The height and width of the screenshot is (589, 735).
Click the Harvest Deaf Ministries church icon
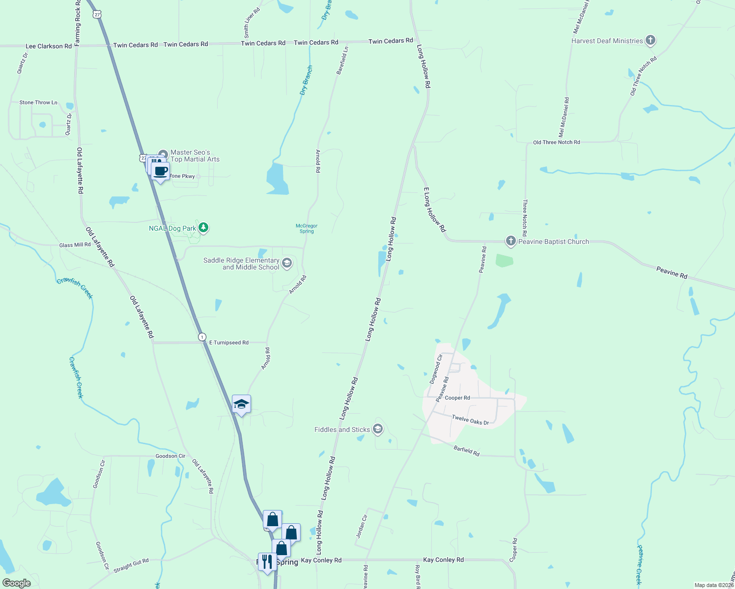(650, 41)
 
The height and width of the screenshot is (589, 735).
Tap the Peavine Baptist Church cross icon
(511, 241)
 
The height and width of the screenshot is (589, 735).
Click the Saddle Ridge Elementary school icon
(287, 264)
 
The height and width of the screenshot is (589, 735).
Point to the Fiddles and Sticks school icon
(378, 429)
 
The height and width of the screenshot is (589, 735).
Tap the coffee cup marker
(161, 171)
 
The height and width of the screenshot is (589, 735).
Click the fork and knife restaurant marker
(267, 562)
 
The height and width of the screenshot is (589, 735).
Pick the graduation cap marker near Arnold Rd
(241, 404)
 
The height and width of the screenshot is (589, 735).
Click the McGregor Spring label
(307, 228)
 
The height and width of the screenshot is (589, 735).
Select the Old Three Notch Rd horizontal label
(556, 142)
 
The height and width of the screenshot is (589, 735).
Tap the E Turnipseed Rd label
(229, 343)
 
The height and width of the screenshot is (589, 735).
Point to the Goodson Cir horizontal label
(170, 456)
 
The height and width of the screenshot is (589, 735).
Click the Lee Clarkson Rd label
(48, 46)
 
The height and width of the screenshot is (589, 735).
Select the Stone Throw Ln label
(38, 103)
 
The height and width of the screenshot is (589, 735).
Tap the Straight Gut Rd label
(131, 565)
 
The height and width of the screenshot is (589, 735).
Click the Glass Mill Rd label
(75, 245)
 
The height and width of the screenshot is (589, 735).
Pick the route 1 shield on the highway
(202, 337)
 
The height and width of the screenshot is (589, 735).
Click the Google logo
(17, 583)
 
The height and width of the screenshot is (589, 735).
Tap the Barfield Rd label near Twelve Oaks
(466, 451)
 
